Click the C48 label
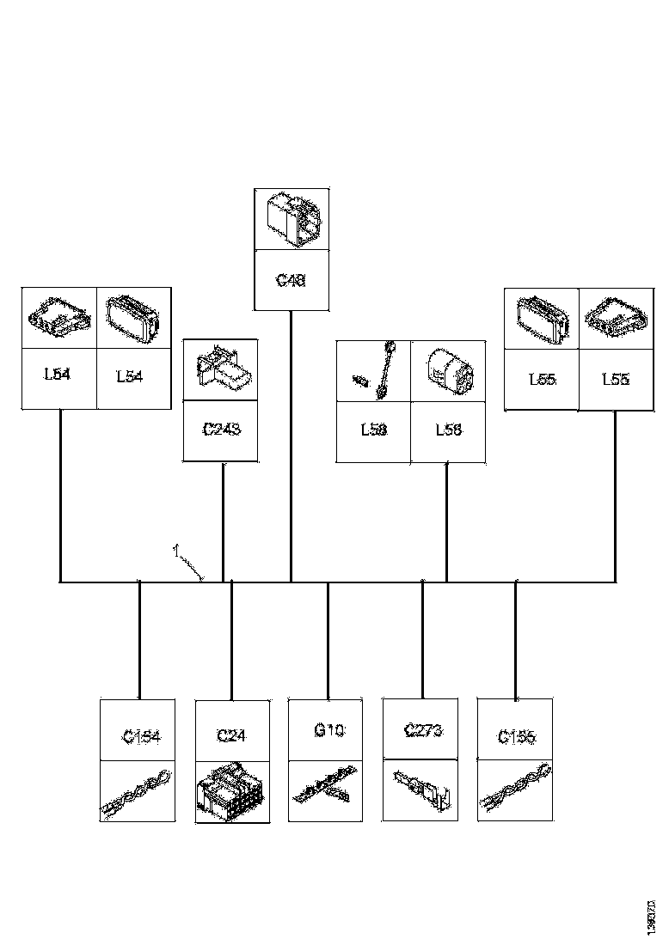292,280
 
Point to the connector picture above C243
221,369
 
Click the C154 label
142,735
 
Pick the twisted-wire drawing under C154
138,793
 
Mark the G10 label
329,731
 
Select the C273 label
423,731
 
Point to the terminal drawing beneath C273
421,790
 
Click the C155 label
516,736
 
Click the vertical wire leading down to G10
328,640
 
